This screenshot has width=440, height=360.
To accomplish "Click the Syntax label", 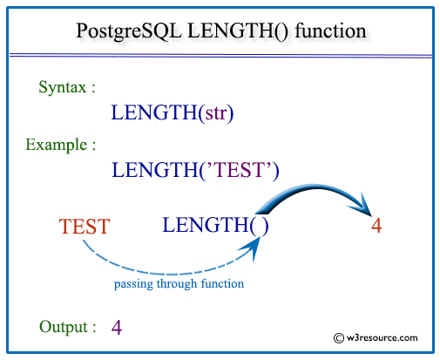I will (x=67, y=87).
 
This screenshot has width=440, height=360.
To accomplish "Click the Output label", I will (x=67, y=327).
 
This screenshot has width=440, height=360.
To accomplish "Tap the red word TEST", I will (x=84, y=228).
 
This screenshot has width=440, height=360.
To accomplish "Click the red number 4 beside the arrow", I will (x=376, y=226).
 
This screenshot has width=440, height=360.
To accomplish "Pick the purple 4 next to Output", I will (x=117, y=328).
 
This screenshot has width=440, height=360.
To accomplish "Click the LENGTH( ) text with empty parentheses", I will (x=214, y=225).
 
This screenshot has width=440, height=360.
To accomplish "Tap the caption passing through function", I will (x=179, y=284).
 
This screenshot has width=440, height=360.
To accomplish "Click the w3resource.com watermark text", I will (x=382, y=337).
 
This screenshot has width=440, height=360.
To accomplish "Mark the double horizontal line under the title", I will (x=220, y=57).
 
